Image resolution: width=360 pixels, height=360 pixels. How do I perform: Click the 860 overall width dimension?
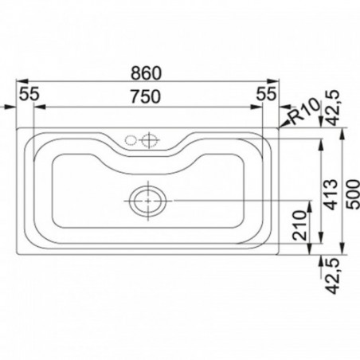pos(146,73)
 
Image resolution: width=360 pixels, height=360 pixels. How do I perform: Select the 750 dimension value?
pos(146,96)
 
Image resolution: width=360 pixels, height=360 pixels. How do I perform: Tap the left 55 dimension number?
pos(29,94)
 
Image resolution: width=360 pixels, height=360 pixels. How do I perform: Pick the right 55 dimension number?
pos(267,94)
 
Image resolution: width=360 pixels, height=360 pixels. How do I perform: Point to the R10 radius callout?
pos(304,112)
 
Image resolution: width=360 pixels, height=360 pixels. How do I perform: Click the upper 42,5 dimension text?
pos(332,108)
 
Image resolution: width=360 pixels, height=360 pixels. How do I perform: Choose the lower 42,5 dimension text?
pos(332,276)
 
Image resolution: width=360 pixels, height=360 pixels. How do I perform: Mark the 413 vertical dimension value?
pos(331,194)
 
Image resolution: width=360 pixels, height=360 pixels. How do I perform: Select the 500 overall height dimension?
pos(353,194)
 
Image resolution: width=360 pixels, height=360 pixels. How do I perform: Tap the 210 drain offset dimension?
pos(299,225)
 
